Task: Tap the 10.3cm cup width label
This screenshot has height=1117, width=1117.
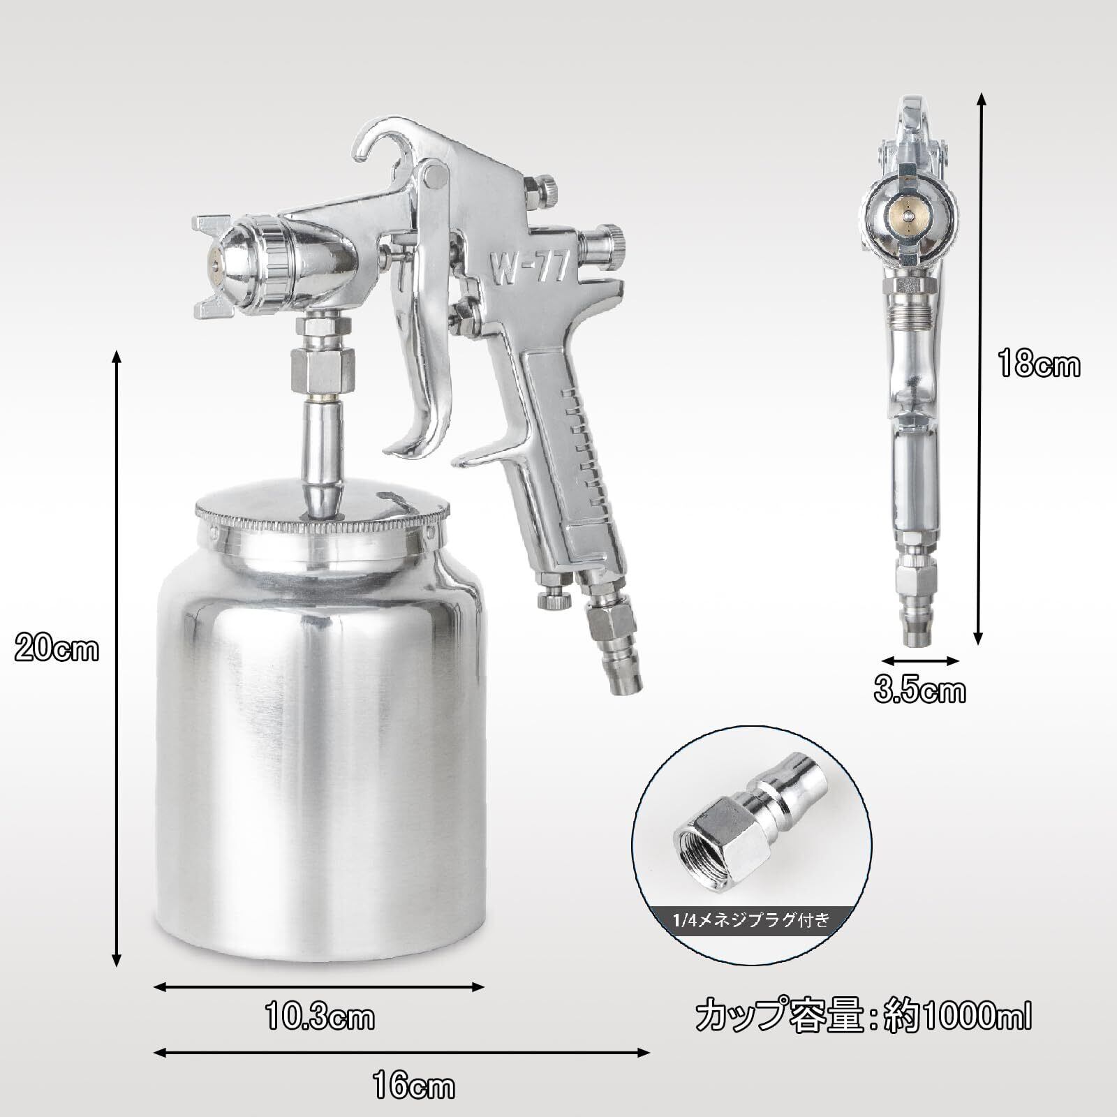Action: (319, 1018)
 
